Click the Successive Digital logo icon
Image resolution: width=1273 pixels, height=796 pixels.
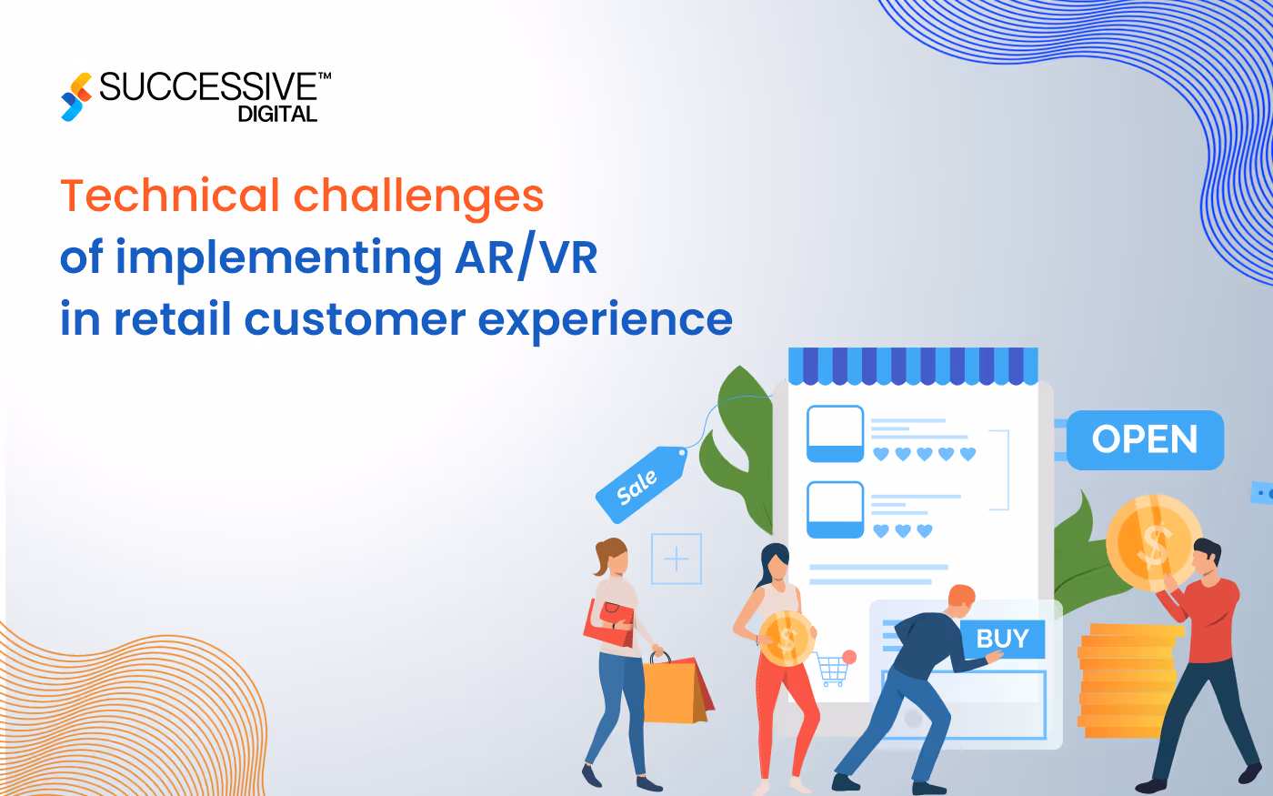[x=76, y=96]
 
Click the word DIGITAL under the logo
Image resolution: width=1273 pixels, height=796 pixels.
[x=277, y=115]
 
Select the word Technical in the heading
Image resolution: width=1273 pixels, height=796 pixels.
[x=170, y=196]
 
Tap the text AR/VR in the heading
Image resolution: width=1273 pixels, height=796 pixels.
[x=526, y=257]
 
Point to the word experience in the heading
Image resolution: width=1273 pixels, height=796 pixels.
[x=605, y=320]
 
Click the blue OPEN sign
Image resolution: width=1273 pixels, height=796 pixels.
[x=1145, y=440]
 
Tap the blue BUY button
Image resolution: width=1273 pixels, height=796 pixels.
[x=1002, y=639]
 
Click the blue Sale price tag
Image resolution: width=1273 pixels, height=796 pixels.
[x=640, y=485]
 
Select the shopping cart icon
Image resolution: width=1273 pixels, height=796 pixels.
[x=833, y=669]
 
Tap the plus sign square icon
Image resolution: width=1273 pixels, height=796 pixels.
[x=677, y=559]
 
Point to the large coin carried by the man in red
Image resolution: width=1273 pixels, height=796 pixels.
[x=1151, y=542]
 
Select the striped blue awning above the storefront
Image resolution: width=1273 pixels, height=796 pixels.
[x=912, y=366]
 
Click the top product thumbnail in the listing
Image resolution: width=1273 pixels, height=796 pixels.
[x=835, y=434]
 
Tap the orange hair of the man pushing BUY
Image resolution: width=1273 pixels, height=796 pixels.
[x=962, y=596]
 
